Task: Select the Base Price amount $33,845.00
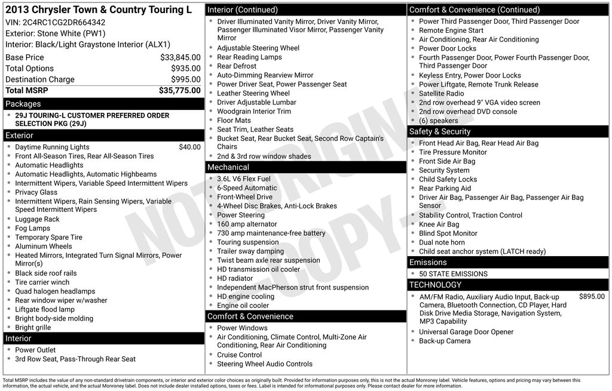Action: [180, 57]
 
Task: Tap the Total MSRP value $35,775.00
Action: [179, 90]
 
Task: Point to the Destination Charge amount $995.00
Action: [185, 79]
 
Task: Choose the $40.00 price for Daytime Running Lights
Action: [189, 147]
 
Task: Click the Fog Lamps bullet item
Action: [33, 228]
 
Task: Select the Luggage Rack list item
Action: [37, 219]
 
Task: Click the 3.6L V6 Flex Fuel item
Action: [243, 178]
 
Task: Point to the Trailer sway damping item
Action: [250, 251]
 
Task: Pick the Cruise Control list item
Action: [239, 355]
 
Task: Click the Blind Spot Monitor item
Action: [448, 233]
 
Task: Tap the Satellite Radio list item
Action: [441, 93]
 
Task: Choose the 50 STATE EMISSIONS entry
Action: [453, 274]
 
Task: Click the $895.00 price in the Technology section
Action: [592, 296]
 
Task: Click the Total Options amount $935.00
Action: [185, 69]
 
